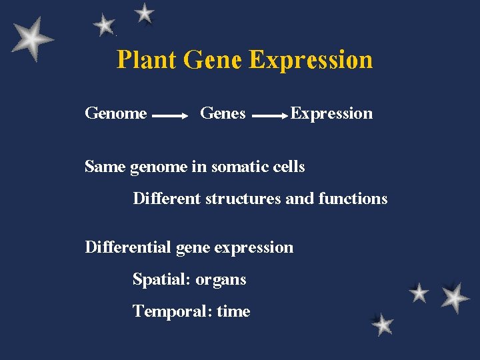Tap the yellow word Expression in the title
click(x=311, y=60)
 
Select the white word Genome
click(x=116, y=113)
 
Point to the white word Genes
click(x=223, y=113)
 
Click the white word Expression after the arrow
click(x=331, y=113)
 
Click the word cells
click(x=289, y=167)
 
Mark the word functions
click(x=353, y=199)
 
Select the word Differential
click(x=128, y=247)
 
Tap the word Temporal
click(x=171, y=311)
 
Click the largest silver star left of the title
click(x=31, y=39)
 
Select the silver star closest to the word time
click(x=382, y=325)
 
